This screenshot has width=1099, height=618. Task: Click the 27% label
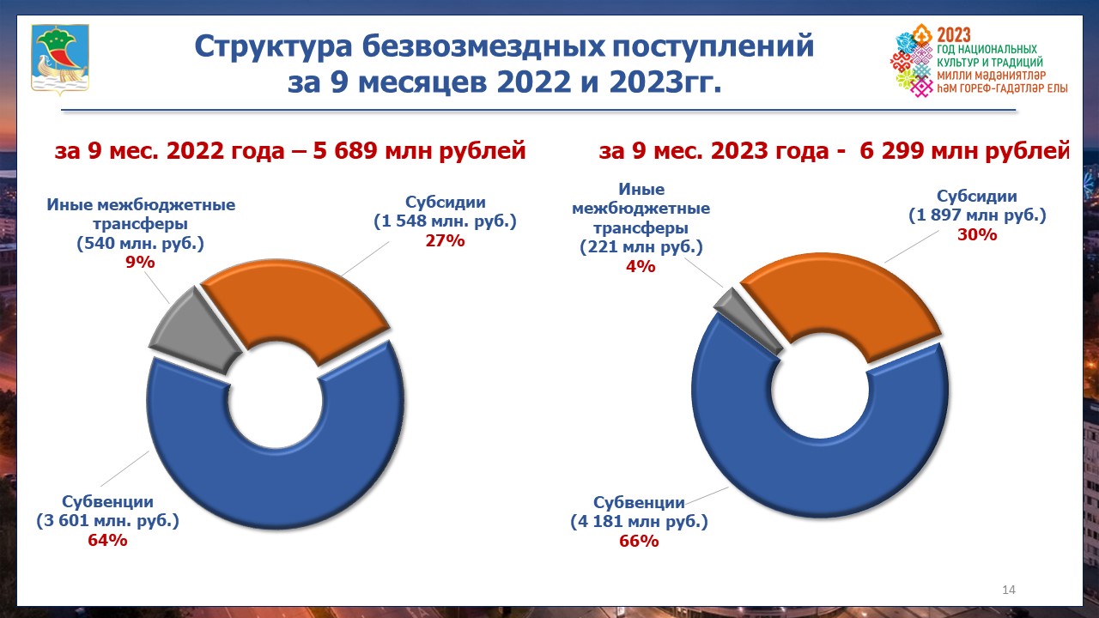(445, 241)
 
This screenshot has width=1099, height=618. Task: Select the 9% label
(140, 263)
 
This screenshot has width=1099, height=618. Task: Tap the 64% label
(107, 540)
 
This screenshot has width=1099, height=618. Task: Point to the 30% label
(977, 234)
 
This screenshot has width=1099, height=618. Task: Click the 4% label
(641, 266)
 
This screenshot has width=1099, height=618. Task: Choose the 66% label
(639, 541)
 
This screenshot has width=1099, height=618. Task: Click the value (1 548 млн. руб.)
(445, 221)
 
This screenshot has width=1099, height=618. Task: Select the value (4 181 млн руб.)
(639, 521)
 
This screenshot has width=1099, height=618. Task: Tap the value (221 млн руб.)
(641, 246)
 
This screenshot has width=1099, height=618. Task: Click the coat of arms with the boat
(60, 59)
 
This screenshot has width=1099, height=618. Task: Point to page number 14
(1009, 590)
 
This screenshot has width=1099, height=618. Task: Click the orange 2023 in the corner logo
(954, 35)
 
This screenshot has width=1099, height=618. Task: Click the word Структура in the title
(273, 46)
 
